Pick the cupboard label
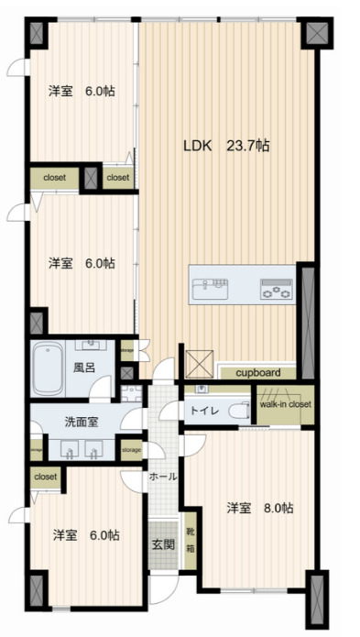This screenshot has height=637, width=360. [x=256, y=373]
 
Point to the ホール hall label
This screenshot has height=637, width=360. [x=163, y=477]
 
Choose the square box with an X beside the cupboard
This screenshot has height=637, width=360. [x=198, y=364]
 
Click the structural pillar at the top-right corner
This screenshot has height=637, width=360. [x=316, y=34]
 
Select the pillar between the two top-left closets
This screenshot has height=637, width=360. [x=91, y=177]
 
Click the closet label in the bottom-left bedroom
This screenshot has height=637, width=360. [x=45, y=477]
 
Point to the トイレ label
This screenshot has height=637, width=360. [x=203, y=412]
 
